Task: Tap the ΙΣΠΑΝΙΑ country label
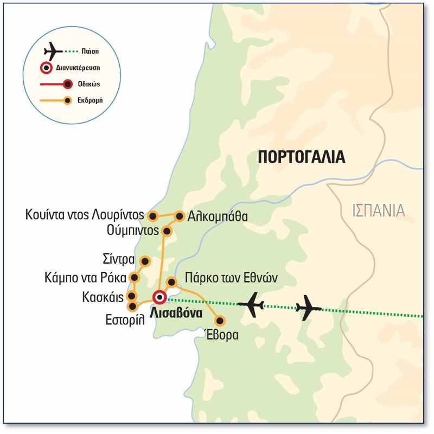tap(378, 210)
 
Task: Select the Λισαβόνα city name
tap(175, 313)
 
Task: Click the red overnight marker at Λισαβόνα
tap(159, 297)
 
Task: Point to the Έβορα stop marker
tap(220, 320)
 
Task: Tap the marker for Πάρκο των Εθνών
tap(171, 282)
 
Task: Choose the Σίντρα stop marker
tap(145, 261)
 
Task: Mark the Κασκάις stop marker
tap(131, 296)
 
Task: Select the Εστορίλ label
tap(126, 320)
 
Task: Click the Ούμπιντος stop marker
tap(167, 232)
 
